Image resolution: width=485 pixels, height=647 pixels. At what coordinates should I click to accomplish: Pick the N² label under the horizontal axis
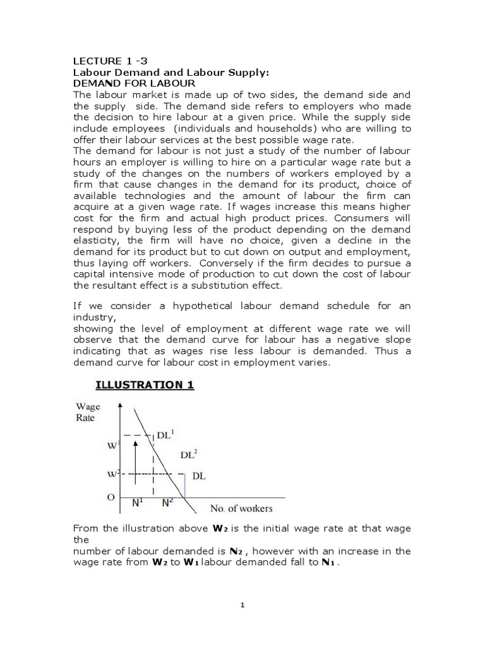coord(167,504)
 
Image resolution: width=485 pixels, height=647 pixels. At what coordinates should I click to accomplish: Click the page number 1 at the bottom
coord(242,605)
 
